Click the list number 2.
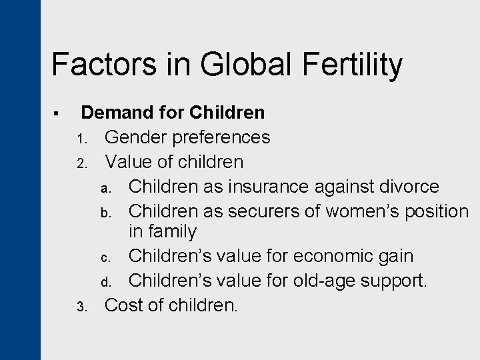(80, 163)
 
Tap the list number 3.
(80, 307)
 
